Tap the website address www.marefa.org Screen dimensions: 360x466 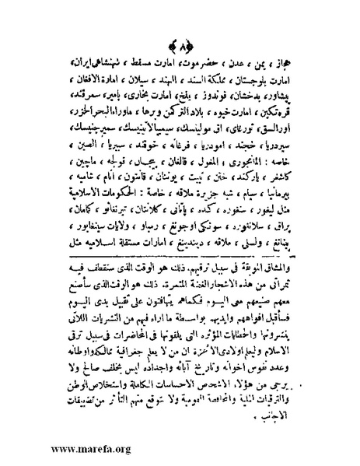click(69, 450)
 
